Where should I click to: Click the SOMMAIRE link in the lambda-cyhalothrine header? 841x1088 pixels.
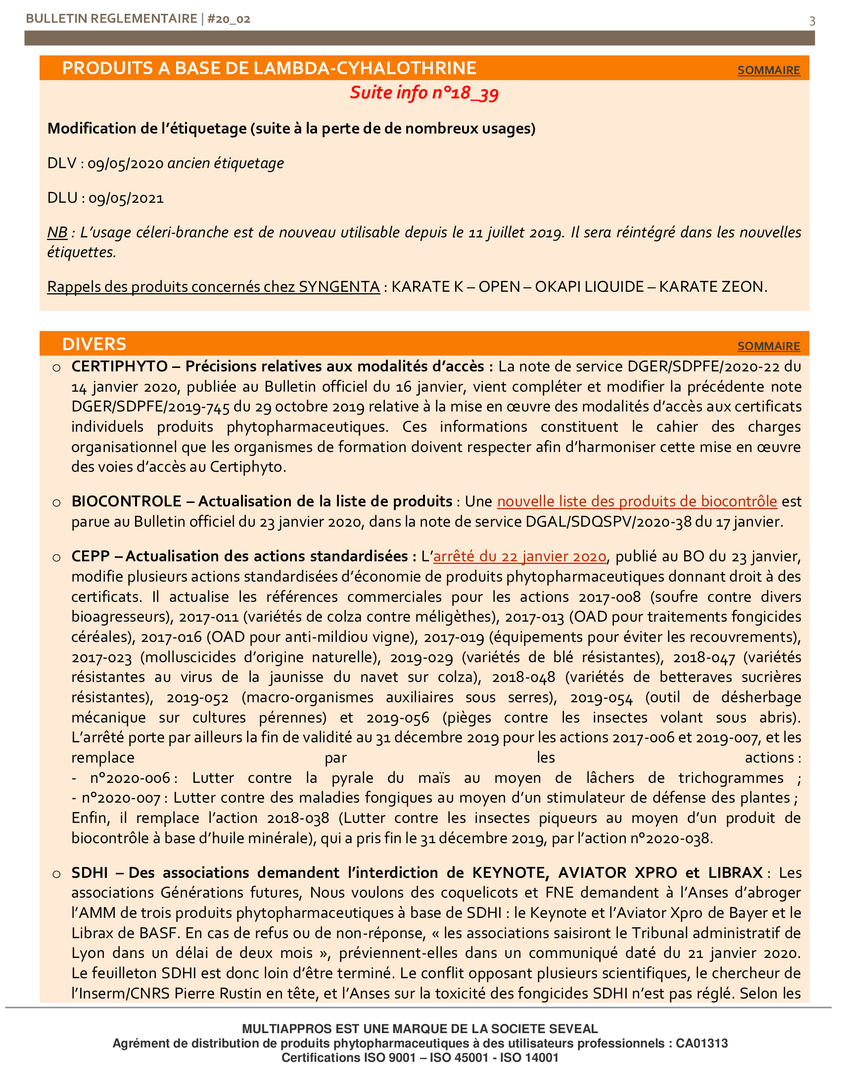coord(768,70)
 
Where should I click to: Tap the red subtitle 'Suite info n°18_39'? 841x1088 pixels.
coord(424,92)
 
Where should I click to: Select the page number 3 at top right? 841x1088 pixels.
coord(812,21)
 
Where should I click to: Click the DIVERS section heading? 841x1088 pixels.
coord(94,344)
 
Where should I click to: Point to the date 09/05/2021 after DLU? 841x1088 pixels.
coord(126,198)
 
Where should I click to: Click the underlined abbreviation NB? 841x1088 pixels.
coord(57,232)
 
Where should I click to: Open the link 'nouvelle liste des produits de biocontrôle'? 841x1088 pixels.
coord(637,501)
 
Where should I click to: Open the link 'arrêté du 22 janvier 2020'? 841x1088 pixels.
coord(519,556)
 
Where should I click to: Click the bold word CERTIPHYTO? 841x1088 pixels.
coord(120,366)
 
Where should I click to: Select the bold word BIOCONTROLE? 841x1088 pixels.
coord(126,501)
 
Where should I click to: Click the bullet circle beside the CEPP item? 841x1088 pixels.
coord(57,557)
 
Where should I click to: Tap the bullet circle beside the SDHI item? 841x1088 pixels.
coord(57,874)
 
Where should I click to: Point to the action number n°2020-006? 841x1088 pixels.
coord(130,778)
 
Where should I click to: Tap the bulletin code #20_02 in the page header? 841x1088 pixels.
coord(229,19)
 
